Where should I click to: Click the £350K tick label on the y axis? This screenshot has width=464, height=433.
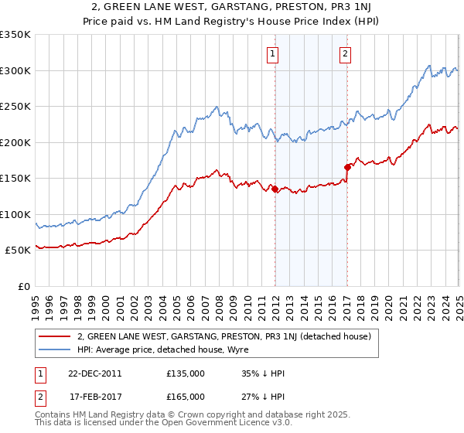tap(15, 35)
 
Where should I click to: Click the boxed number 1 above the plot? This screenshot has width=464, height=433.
tap(275, 54)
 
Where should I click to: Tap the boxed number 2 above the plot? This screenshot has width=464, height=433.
tap(344, 54)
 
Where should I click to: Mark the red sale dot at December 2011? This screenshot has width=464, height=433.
tap(275, 188)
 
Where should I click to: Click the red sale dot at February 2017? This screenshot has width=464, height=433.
tap(347, 166)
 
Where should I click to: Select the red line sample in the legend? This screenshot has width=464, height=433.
tap(54, 336)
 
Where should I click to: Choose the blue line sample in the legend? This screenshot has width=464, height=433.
tap(54, 349)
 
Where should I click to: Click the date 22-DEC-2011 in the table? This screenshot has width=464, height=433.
tap(94, 373)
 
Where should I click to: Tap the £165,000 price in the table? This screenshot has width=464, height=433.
tap(185, 396)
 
